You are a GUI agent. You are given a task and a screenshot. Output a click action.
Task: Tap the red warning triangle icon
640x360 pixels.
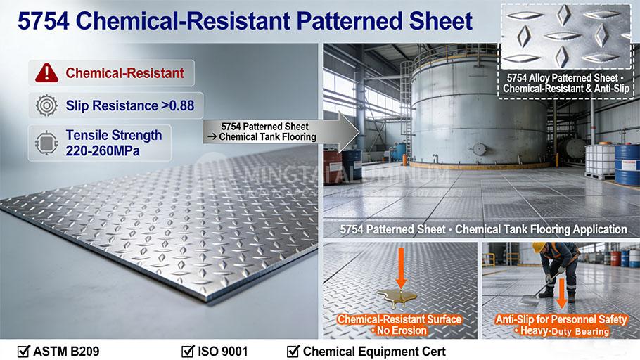click(x=45, y=72)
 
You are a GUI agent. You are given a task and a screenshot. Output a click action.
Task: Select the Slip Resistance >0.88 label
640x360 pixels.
click(x=132, y=106)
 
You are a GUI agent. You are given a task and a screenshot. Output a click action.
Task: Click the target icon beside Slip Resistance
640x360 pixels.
click(x=45, y=106)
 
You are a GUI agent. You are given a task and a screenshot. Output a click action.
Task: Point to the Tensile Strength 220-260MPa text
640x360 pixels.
click(x=113, y=142)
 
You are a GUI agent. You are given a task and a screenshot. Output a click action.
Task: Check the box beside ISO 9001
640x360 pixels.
click(x=187, y=349)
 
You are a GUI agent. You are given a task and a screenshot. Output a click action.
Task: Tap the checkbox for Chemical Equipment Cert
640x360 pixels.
click(x=293, y=349)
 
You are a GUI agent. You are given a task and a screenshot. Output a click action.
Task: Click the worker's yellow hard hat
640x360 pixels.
click(x=539, y=248)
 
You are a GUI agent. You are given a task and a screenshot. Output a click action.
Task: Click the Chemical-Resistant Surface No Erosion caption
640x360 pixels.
click(x=399, y=324)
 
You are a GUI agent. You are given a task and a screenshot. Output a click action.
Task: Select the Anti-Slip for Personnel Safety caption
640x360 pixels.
click(x=561, y=324)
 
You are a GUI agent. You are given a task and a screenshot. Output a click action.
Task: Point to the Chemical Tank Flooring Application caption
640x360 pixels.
click(x=482, y=229)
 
